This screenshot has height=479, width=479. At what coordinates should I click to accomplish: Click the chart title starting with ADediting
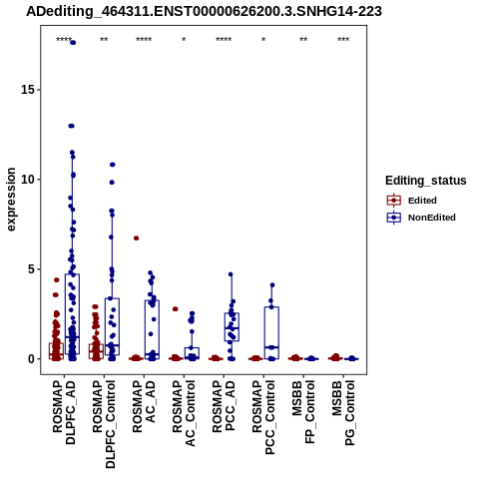(204, 12)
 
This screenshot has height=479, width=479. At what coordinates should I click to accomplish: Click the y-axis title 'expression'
(11, 200)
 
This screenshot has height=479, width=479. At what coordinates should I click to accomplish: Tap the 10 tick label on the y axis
(28, 180)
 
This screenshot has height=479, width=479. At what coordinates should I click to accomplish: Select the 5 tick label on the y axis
(31, 269)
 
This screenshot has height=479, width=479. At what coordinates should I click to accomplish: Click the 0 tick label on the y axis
(31, 359)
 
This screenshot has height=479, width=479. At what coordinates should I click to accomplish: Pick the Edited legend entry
(412, 201)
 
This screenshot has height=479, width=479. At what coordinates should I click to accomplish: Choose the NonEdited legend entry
(421, 218)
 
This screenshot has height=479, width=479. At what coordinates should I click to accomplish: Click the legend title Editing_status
(426, 181)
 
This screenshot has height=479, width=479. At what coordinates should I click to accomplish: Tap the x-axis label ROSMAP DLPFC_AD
(64, 412)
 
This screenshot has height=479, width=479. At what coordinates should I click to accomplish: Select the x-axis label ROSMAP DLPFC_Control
(104, 424)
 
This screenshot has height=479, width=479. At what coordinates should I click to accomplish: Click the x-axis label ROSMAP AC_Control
(184, 413)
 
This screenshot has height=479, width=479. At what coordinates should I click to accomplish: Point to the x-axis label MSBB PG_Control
(343, 413)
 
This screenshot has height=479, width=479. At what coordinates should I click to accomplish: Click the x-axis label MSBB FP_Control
(303, 412)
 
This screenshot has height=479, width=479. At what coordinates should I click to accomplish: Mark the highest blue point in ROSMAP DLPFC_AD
(73, 43)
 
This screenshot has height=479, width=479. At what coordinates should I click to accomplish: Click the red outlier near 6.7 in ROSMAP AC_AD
(136, 239)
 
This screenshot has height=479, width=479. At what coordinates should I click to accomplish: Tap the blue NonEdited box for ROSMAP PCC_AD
(232, 327)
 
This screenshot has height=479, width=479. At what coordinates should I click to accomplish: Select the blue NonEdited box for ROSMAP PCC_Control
(271, 333)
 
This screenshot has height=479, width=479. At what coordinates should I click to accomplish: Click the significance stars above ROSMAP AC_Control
(184, 39)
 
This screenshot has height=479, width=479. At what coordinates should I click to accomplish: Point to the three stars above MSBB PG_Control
(343, 39)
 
